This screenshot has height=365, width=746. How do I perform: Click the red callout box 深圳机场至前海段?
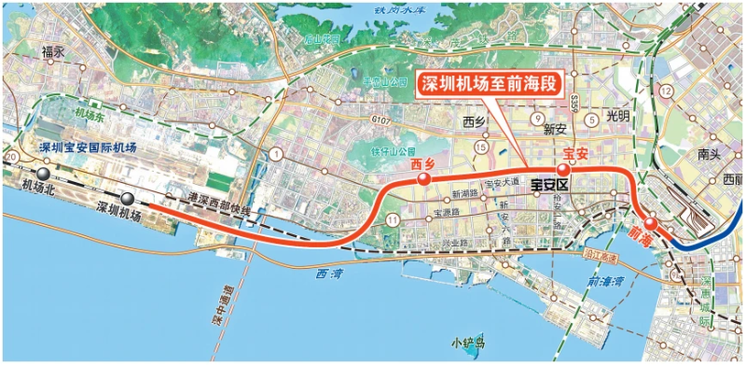pyautogui.click(x=488, y=83)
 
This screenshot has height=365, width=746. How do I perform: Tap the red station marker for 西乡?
pyautogui.click(x=424, y=179)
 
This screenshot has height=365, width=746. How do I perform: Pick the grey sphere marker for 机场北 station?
pyautogui.click(x=43, y=173)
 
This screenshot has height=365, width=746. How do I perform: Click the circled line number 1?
pyautogui.click(x=276, y=153)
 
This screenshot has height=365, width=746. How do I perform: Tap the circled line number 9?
pyautogui.click(x=537, y=119)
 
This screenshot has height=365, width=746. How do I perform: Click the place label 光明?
pyautogui.click(x=618, y=117)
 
